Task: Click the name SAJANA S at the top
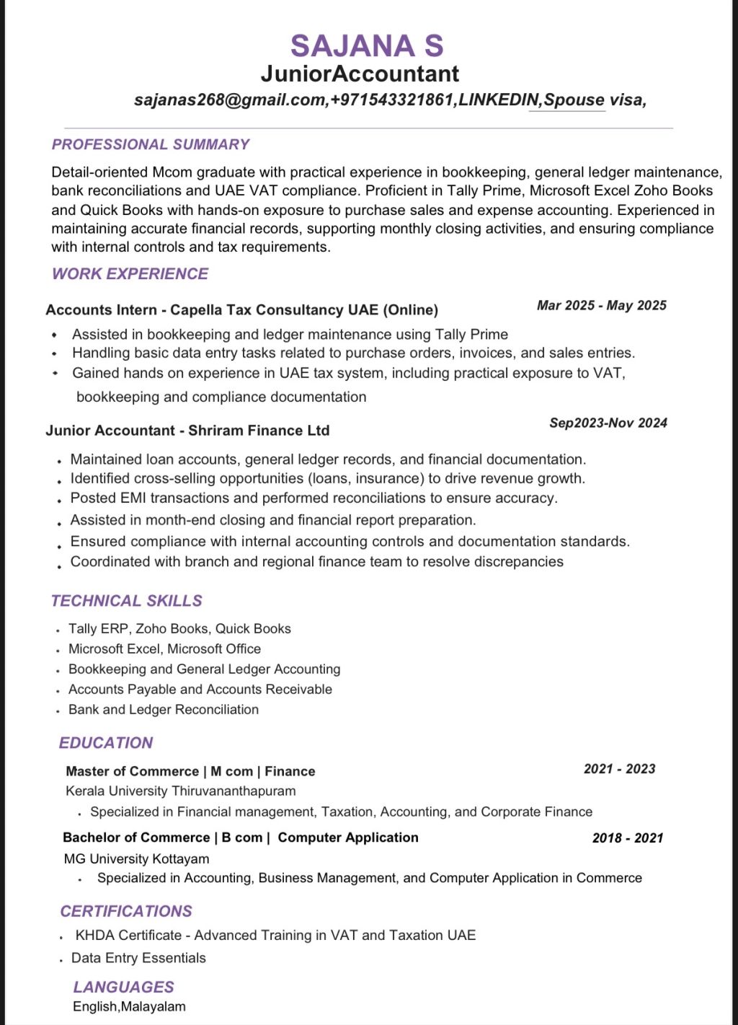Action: tap(367, 46)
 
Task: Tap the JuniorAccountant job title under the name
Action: tap(360, 74)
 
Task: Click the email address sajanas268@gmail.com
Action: tap(230, 100)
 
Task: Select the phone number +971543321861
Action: tap(392, 100)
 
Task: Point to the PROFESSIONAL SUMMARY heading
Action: tap(150, 144)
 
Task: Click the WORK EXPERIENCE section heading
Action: tap(130, 274)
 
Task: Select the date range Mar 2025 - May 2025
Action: tap(601, 305)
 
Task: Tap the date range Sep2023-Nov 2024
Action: tap(608, 423)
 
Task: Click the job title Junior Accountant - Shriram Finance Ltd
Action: tap(187, 431)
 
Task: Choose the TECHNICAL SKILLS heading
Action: tap(126, 601)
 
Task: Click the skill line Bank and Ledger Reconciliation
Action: tap(163, 710)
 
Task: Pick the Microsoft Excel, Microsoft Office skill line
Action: tap(164, 649)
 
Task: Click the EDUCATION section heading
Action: tap(106, 743)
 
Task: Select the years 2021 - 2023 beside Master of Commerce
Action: tap(619, 769)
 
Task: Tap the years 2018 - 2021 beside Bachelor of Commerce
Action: tap(627, 838)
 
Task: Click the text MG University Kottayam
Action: tap(136, 859)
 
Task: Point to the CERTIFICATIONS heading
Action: tap(126, 912)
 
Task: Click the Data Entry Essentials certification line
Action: tap(138, 958)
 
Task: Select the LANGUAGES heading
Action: tap(123, 987)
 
